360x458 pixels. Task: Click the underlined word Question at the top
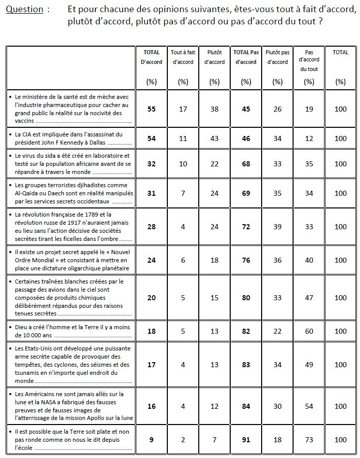pos(24,10)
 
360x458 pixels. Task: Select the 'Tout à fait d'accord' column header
pos(183,57)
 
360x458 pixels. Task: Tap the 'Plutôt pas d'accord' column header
pos(277,57)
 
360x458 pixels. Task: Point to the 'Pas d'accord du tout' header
pos(309,60)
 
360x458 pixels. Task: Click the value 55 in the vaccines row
pos(151,109)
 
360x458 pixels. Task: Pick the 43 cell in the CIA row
pos(214,138)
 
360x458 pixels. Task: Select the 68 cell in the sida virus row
pos(246,164)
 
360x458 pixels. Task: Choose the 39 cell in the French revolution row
pos(277,227)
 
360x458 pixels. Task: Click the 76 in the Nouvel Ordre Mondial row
pos(246,260)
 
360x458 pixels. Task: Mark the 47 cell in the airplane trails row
pos(309,298)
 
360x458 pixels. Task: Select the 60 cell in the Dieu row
pos(309,331)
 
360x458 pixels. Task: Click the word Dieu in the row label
pos(22,327)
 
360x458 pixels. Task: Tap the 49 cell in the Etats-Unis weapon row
pos(309,365)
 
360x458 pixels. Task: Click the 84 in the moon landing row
pos(246,406)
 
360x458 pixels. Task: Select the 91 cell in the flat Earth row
pos(246,440)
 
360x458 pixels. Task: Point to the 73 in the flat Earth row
pos(309,440)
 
